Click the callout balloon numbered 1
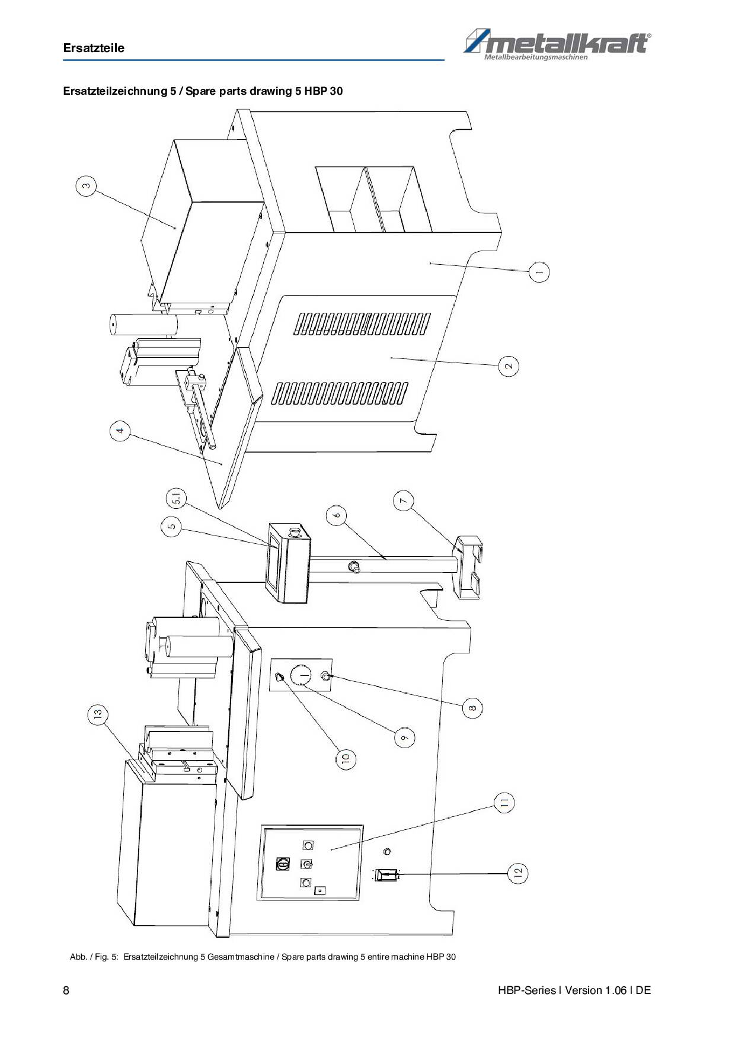click(x=539, y=272)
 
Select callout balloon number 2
click(x=509, y=365)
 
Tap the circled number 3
click(x=86, y=187)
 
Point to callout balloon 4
click(x=120, y=431)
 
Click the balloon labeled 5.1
click(x=176, y=501)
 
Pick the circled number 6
click(x=337, y=515)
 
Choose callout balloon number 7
click(x=404, y=501)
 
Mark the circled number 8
click(x=472, y=707)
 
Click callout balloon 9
click(x=404, y=737)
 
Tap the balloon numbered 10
click(x=346, y=758)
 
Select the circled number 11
click(x=504, y=803)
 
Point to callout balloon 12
click(x=517, y=873)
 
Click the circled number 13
click(x=98, y=714)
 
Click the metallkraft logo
click(x=557, y=46)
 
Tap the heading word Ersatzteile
click(x=94, y=48)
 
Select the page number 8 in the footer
click(x=66, y=990)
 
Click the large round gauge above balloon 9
click(x=303, y=675)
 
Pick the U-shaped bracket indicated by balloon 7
click(x=468, y=567)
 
